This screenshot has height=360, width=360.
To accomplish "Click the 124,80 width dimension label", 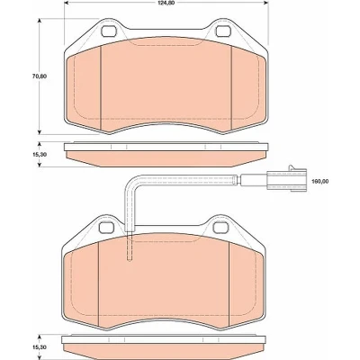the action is point(167,3).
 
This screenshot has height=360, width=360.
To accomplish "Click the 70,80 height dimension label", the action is point(40,76).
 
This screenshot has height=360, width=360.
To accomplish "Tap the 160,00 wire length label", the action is point(320,181).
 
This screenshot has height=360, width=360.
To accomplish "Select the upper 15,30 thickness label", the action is point(40,154).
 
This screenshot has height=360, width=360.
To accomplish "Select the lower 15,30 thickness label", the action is point(40,346).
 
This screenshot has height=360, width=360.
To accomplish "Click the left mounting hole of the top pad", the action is point(109,31).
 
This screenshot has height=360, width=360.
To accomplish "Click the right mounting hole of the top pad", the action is point(223,31).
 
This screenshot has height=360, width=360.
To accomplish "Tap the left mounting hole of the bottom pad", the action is point(106,227).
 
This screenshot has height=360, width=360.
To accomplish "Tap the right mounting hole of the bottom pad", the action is point(220,227).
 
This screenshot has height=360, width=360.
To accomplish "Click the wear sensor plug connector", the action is point(286,179).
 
